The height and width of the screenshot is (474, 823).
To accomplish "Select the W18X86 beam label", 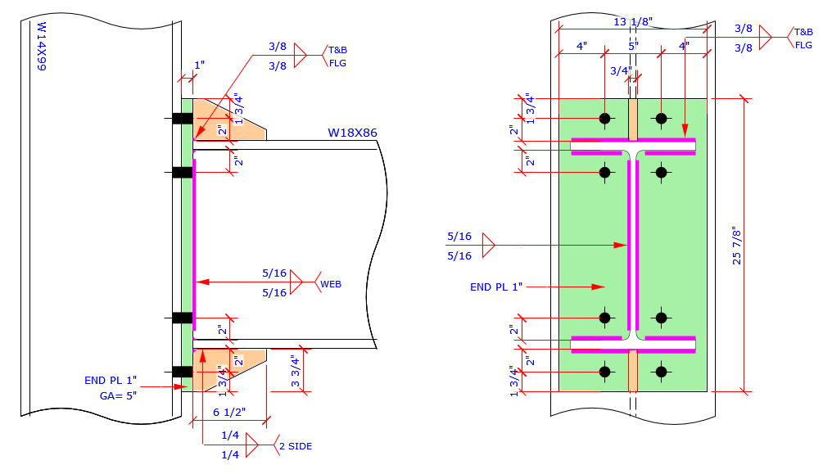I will [x=353, y=132].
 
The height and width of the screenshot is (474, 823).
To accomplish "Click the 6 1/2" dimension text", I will [x=228, y=412].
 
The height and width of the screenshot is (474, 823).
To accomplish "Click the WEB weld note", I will [x=331, y=284].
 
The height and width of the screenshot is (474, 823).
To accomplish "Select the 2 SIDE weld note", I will [x=296, y=446].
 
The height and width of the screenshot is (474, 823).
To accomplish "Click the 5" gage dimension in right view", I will [x=632, y=46].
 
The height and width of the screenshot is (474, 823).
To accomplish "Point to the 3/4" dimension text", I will [x=622, y=70].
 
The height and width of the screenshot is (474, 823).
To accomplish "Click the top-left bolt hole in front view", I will [x=605, y=119].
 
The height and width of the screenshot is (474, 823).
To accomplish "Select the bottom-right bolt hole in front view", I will [x=662, y=372].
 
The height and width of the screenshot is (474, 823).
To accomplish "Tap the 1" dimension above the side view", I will [x=199, y=65].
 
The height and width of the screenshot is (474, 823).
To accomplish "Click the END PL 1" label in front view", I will [x=496, y=287].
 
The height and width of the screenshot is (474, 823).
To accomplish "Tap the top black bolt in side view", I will [x=182, y=119].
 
